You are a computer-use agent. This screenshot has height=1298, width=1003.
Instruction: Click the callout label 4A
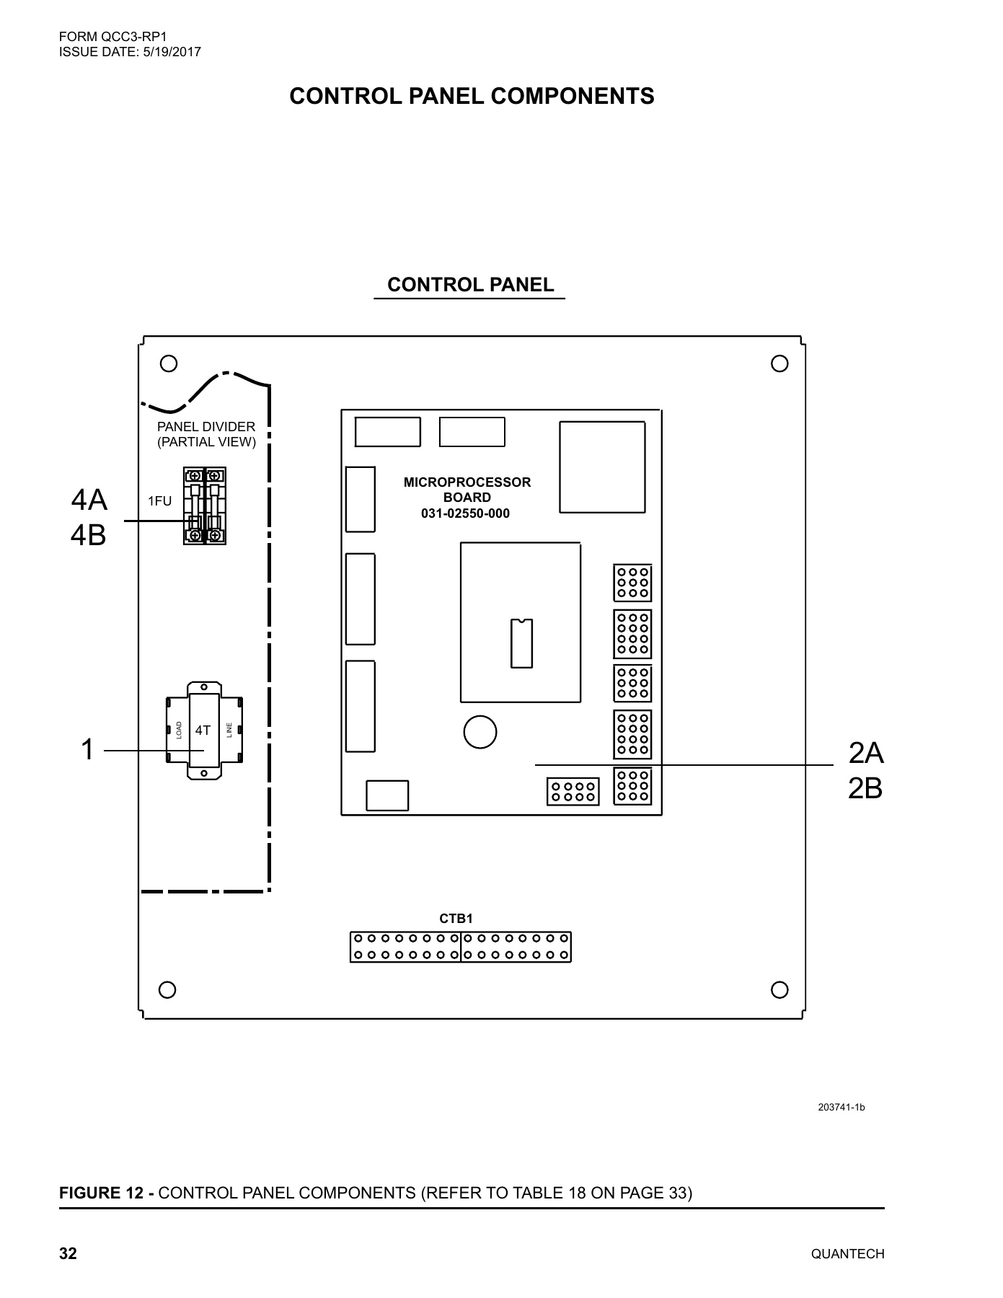click(x=89, y=499)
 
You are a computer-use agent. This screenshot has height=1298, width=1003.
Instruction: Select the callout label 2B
click(x=865, y=789)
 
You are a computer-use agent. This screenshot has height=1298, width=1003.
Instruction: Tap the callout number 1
click(x=87, y=750)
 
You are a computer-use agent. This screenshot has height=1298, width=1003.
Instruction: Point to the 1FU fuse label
click(x=159, y=501)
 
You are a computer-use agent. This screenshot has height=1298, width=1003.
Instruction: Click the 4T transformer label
click(x=203, y=730)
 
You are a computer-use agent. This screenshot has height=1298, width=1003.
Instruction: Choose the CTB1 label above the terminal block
click(x=456, y=919)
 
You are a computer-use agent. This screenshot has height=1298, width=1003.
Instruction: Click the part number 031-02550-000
click(x=465, y=513)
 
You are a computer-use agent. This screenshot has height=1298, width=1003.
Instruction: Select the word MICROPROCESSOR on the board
click(x=467, y=482)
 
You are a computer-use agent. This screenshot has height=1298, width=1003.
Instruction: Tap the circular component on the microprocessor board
click(x=480, y=732)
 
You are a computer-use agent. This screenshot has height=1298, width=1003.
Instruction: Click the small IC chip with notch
click(x=521, y=643)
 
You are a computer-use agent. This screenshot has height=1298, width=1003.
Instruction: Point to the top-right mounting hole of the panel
click(x=779, y=363)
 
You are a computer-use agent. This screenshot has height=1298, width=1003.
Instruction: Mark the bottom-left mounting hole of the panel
click(x=167, y=989)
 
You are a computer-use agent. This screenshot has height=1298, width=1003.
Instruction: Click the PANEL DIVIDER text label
click(x=206, y=427)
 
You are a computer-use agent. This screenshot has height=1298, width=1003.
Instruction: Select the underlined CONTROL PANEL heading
click(x=470, y=285)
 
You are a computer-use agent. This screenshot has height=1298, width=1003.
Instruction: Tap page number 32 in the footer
click(x=68, y=1254)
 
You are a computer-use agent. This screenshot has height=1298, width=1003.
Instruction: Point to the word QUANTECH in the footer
click(x=847, y=1254)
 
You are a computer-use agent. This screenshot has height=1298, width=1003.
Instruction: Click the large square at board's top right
click(x=602, y=467)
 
